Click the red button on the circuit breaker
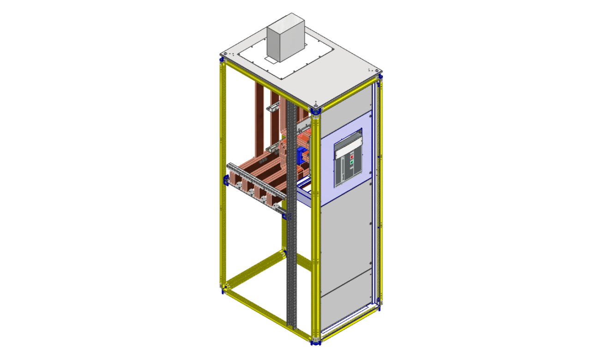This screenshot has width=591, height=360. [x=352, y=157]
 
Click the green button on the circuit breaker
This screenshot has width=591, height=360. [x=352, y=162]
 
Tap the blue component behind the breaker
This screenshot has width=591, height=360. [x=302, y=155]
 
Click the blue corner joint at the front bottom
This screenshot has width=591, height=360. [x=315, y=341]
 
